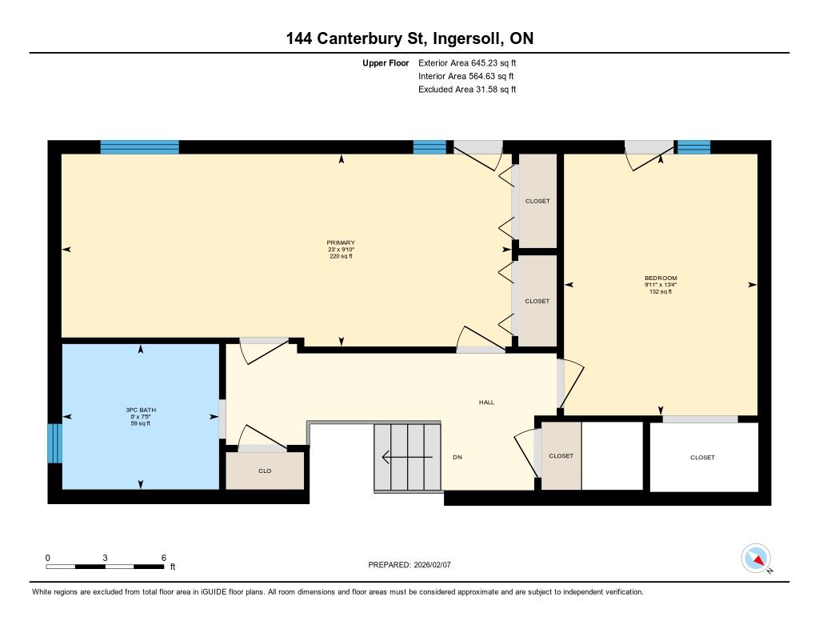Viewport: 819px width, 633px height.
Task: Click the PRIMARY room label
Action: click(341, 242)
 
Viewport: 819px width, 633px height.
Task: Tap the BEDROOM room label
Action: click(661, 278)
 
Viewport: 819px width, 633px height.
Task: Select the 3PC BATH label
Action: click(141, 410)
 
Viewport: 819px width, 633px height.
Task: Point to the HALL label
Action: click(486, 402)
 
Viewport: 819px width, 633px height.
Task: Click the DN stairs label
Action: click(457, 458)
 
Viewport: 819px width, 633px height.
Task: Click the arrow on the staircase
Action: click(407, 458)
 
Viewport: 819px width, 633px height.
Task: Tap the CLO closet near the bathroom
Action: click(265, 471)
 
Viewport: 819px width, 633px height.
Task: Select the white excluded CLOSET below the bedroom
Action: click(702, 458)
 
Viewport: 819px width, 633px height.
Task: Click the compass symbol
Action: click(756, 559)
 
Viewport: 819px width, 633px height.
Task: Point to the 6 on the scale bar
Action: click(163, 558)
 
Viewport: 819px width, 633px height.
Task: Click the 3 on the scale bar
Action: click(105, 558)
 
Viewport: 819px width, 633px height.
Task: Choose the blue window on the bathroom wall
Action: click(55, 443)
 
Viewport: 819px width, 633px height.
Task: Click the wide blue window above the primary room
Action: click(139, 147)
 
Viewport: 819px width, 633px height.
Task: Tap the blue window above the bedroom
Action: click(693, 147)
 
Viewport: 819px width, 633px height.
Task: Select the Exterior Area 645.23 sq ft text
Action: click(467, 62)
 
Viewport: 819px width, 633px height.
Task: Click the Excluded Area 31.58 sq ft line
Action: click(467, 90)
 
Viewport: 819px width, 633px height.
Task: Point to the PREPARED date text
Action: click(409, 564)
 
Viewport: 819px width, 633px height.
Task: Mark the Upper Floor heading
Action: click(386, 62)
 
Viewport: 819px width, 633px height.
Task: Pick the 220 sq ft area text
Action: click(341, 256)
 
